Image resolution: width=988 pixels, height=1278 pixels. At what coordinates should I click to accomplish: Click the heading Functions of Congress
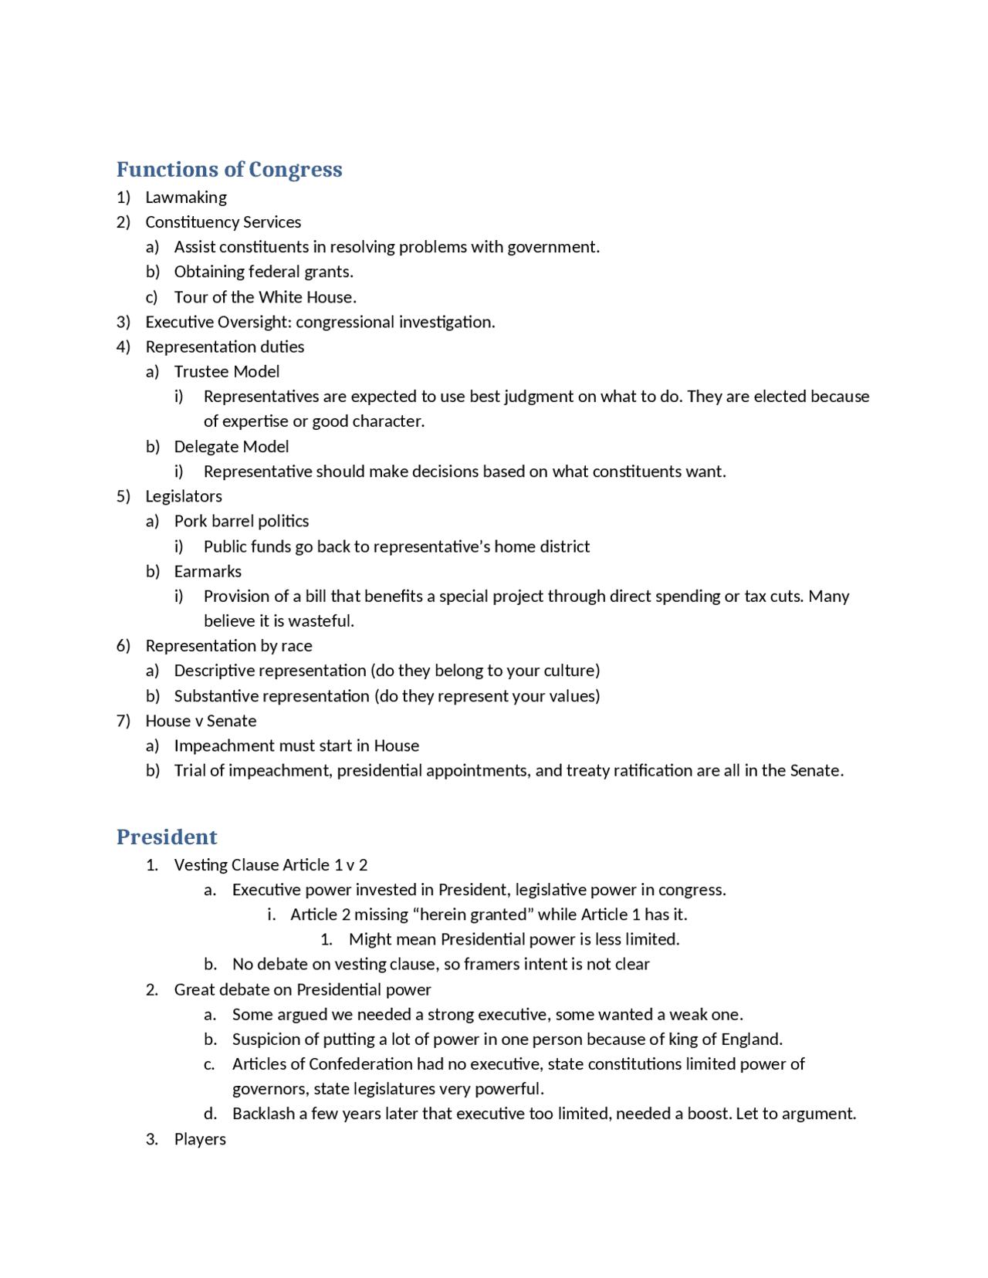(x=229, y=170)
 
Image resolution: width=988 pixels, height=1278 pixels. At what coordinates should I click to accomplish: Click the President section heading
(x=167, y=837)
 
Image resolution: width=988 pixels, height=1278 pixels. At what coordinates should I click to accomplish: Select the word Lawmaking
(x=186, y=198)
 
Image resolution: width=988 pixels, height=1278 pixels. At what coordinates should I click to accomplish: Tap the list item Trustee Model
(x=227, y=372)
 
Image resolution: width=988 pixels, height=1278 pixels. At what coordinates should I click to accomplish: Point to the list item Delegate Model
(x=232, y=447)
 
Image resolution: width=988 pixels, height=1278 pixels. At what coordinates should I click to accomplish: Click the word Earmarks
(x=208, y=572)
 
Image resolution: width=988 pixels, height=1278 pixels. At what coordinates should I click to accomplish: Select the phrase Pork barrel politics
(x=242, y=522)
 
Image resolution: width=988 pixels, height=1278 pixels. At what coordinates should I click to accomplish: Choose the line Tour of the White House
(x=265, y=298)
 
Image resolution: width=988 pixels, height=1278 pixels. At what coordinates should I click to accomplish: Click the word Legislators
(x=184, y=497)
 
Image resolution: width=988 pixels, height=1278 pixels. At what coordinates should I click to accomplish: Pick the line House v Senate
(x=201, y=722)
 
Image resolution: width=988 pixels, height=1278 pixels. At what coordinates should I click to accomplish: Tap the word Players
(x=200, y=1140)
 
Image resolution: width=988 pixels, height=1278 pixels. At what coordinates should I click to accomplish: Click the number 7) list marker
(x=123, y=722)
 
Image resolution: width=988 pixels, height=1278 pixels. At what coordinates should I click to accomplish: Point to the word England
(x=750, y=1040)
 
